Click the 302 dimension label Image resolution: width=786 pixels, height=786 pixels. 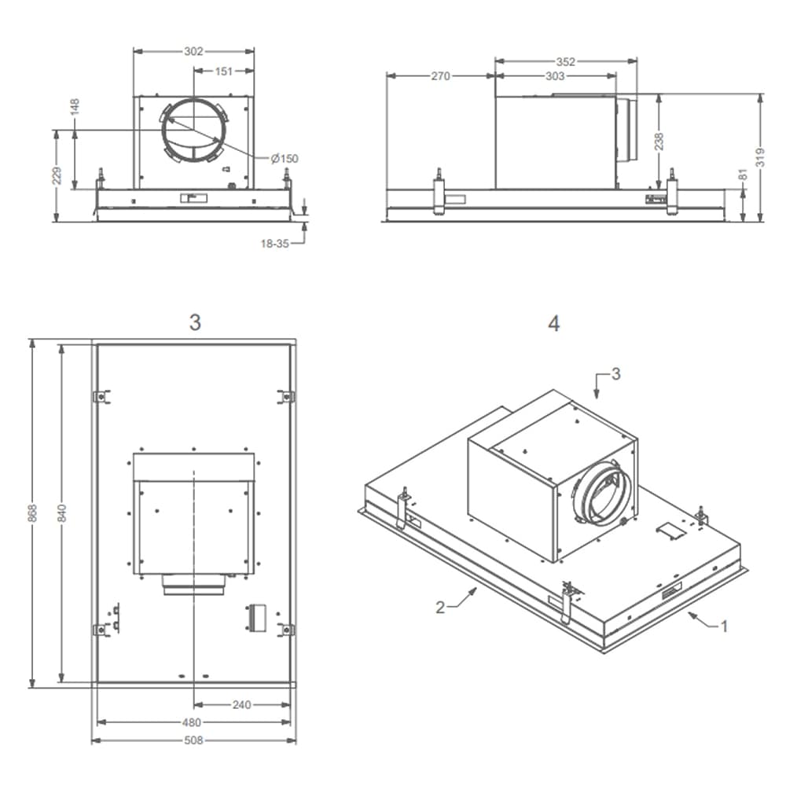(193, 52)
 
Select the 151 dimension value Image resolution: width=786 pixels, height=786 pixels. (224, 72)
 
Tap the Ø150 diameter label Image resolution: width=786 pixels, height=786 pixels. (285, 159)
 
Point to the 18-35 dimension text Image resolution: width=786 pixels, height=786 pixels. (274, 244)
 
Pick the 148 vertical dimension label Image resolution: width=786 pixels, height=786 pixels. (75, 107)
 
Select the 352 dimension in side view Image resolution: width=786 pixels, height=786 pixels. (566, 61)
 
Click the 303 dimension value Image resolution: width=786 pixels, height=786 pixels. (555, 76)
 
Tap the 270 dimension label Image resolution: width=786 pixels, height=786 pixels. (440, 76)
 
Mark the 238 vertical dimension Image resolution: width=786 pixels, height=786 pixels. (659, 141)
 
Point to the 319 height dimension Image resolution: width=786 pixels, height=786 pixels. (760, 157)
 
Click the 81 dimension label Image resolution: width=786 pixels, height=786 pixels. (744, 174)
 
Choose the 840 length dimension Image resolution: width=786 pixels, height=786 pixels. (62, 512)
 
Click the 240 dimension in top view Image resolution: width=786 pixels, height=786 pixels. (242, 705)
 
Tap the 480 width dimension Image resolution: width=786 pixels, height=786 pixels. (192, 722)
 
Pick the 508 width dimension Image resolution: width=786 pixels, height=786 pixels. (193, 740)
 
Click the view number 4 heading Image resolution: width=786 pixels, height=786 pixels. (554, 323)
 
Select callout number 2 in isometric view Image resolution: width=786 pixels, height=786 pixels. (442, 606)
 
